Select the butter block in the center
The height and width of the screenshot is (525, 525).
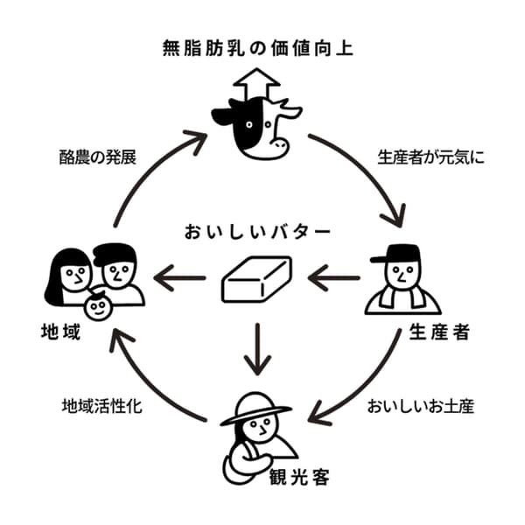pos(256,280)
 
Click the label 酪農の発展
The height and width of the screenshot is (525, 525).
pos(94,160)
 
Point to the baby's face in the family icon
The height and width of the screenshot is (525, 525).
pos(98,307)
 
